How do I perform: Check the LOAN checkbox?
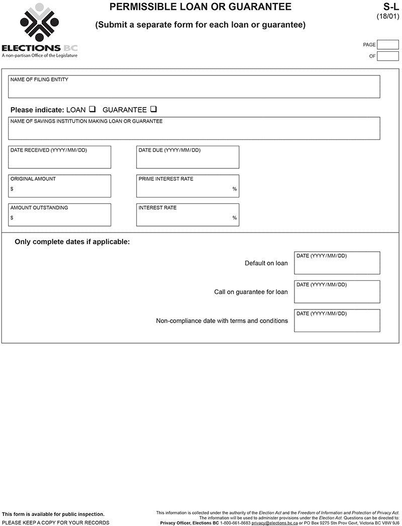92,109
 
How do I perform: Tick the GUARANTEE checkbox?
153,109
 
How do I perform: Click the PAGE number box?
387,45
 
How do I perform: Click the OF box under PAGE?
387,56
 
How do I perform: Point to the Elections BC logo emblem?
40,23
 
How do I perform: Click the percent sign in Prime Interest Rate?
234,189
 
